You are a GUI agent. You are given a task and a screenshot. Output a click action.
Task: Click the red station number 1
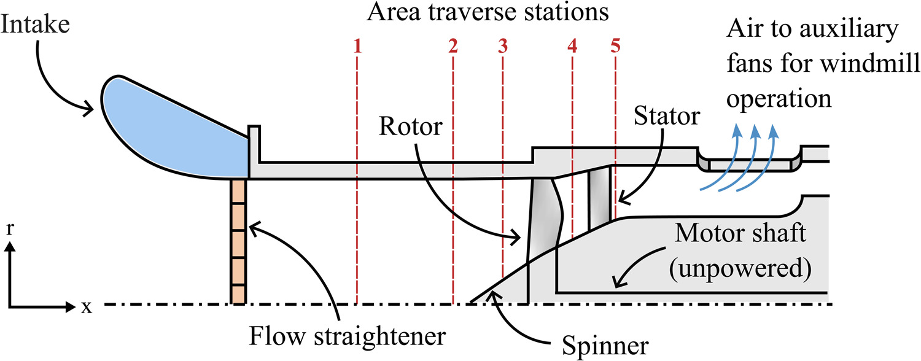pos(357,47)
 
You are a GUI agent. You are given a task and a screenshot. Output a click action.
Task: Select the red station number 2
pos(453,47)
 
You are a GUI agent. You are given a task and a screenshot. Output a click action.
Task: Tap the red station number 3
pos(503,47)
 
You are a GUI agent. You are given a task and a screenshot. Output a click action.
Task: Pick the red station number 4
pos(572,47)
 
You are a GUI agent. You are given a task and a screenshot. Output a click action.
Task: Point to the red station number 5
pos(615,47)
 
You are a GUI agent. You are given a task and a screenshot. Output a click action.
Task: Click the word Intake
pos(36,25)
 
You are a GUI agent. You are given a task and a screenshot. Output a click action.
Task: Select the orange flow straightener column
pos(238,241)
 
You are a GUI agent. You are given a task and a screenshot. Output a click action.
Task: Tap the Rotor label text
pos(410,126)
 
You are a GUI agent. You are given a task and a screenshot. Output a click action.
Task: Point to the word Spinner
pos(605,346)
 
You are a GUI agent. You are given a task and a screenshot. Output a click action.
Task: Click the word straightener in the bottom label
pos(380,336)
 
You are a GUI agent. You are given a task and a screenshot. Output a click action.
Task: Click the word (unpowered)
pos(740,269)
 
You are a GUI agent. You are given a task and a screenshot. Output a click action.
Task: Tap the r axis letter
pos(10,228)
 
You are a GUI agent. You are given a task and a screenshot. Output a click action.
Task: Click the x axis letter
pos(87,307)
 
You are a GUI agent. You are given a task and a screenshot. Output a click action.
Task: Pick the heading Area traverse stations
pos(488,12)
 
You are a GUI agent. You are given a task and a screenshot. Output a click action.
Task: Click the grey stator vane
pos(599,199)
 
